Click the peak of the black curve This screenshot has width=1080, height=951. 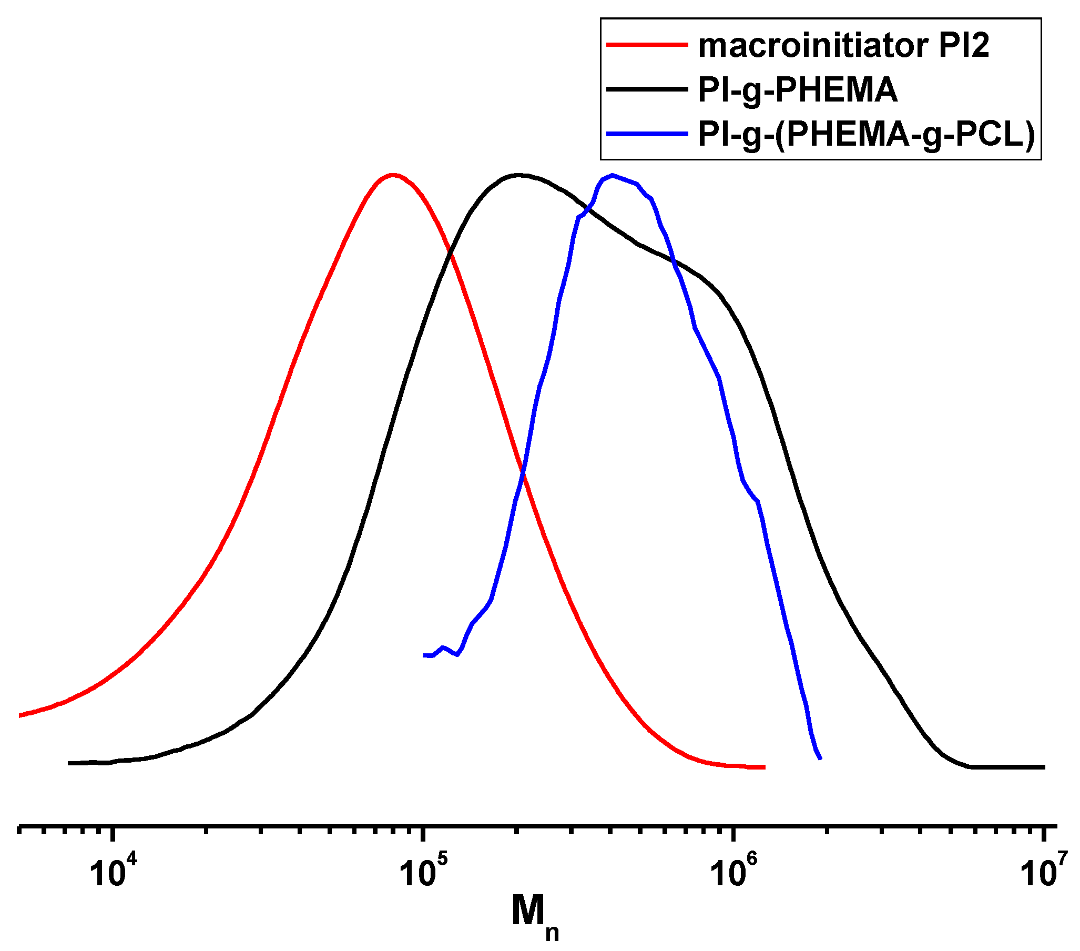[519, 175]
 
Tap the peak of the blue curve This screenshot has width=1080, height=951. [612, 175]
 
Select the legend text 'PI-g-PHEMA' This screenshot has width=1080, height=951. [797, 89]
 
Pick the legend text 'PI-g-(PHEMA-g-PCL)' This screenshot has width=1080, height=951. [866, 134]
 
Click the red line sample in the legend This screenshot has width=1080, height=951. [647, 44]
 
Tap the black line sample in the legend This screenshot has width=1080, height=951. [647, 89]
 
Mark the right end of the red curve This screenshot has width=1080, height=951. [764, 767]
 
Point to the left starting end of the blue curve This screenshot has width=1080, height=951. [424, 655]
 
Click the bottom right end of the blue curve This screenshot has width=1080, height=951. [820, 759]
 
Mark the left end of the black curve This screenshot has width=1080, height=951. [69, 763]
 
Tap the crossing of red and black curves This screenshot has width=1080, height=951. [450, 254]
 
